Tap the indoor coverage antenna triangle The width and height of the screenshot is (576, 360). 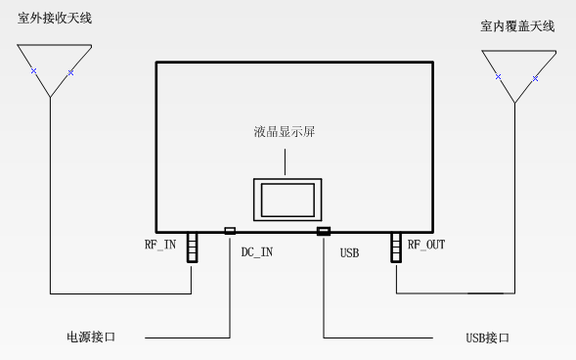click(516, 73)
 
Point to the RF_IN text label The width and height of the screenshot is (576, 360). click(161, 245)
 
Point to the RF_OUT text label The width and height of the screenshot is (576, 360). click(426, 245)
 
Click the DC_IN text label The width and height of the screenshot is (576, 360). click(256, 253)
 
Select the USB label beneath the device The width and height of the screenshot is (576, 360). click(349, 253)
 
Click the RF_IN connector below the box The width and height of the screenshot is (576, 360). click(194, 247)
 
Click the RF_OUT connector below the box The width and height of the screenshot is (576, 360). click(396, 247)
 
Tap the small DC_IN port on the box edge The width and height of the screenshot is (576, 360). click(230, 231)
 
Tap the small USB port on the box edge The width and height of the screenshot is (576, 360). click(324, 231)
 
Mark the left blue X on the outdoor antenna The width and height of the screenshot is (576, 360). click(33, 71)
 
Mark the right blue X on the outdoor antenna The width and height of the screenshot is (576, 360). click(70, 71)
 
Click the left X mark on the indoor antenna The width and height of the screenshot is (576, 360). click(498, 76)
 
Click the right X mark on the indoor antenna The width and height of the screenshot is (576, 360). click(535, 76)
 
